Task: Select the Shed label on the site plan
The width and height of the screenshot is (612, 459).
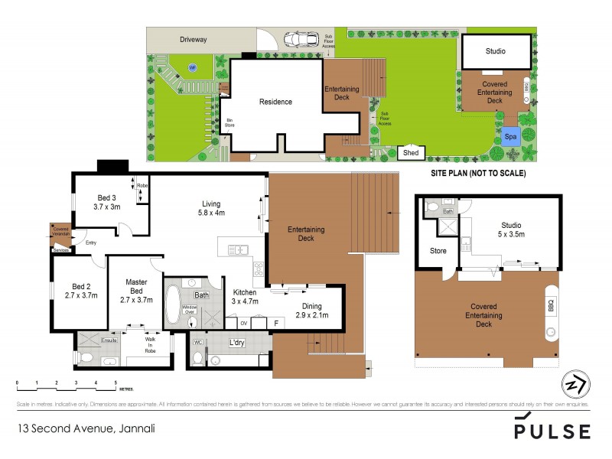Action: tap(412, 152)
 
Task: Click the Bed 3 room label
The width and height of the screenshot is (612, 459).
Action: tap(107, 201)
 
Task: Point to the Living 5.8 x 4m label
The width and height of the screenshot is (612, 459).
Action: tap(211, 208)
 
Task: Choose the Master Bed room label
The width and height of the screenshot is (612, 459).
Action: tap(136, 291)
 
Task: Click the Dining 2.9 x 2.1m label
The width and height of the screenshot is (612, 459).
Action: tap(312, 311)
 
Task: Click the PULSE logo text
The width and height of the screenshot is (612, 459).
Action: tap(553, 431)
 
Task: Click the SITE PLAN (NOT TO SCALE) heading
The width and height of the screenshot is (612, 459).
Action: tap(477, 174)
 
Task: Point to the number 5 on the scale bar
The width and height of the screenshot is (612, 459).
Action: tap(116, 381)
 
